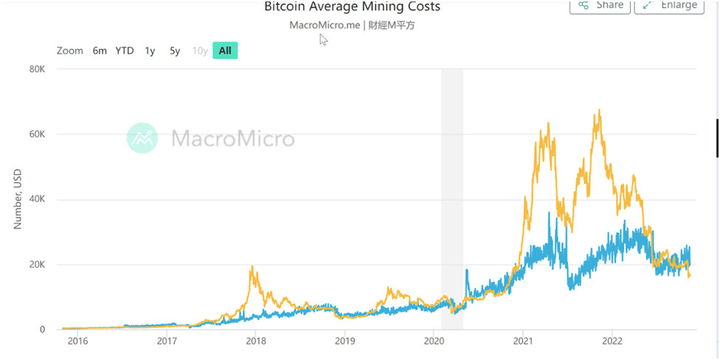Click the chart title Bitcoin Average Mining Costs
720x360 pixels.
(352, 7)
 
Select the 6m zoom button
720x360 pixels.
(100, 51)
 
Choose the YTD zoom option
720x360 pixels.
(125, 51)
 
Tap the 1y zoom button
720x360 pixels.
(150, 51)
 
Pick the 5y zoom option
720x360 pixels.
(175, 51)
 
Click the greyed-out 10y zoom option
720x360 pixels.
(200, 51)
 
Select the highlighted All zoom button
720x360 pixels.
(225, 51)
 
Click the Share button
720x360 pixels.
(600, 5)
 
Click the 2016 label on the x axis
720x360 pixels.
(77, 342)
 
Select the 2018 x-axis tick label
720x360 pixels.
(255, 342)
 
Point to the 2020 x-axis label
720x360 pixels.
(434, 342)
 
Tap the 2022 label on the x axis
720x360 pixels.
(612, 342)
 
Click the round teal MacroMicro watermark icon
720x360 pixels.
(142, 138)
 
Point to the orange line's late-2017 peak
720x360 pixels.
(252, 266)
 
